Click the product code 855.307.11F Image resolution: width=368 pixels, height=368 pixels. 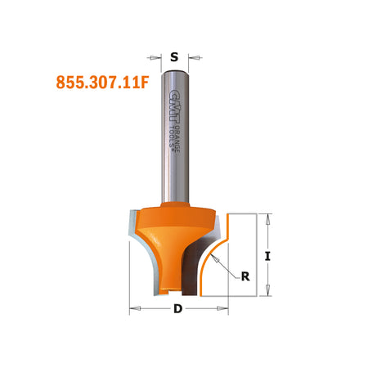pos(101,82)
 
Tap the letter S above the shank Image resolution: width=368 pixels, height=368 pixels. pos(173,57)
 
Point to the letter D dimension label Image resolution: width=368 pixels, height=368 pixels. pos(177,309)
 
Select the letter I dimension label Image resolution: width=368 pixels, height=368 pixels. pos(267,256)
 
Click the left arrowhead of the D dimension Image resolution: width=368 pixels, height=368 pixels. pos(134,309)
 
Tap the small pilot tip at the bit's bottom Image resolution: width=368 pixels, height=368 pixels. pos(169,289)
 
